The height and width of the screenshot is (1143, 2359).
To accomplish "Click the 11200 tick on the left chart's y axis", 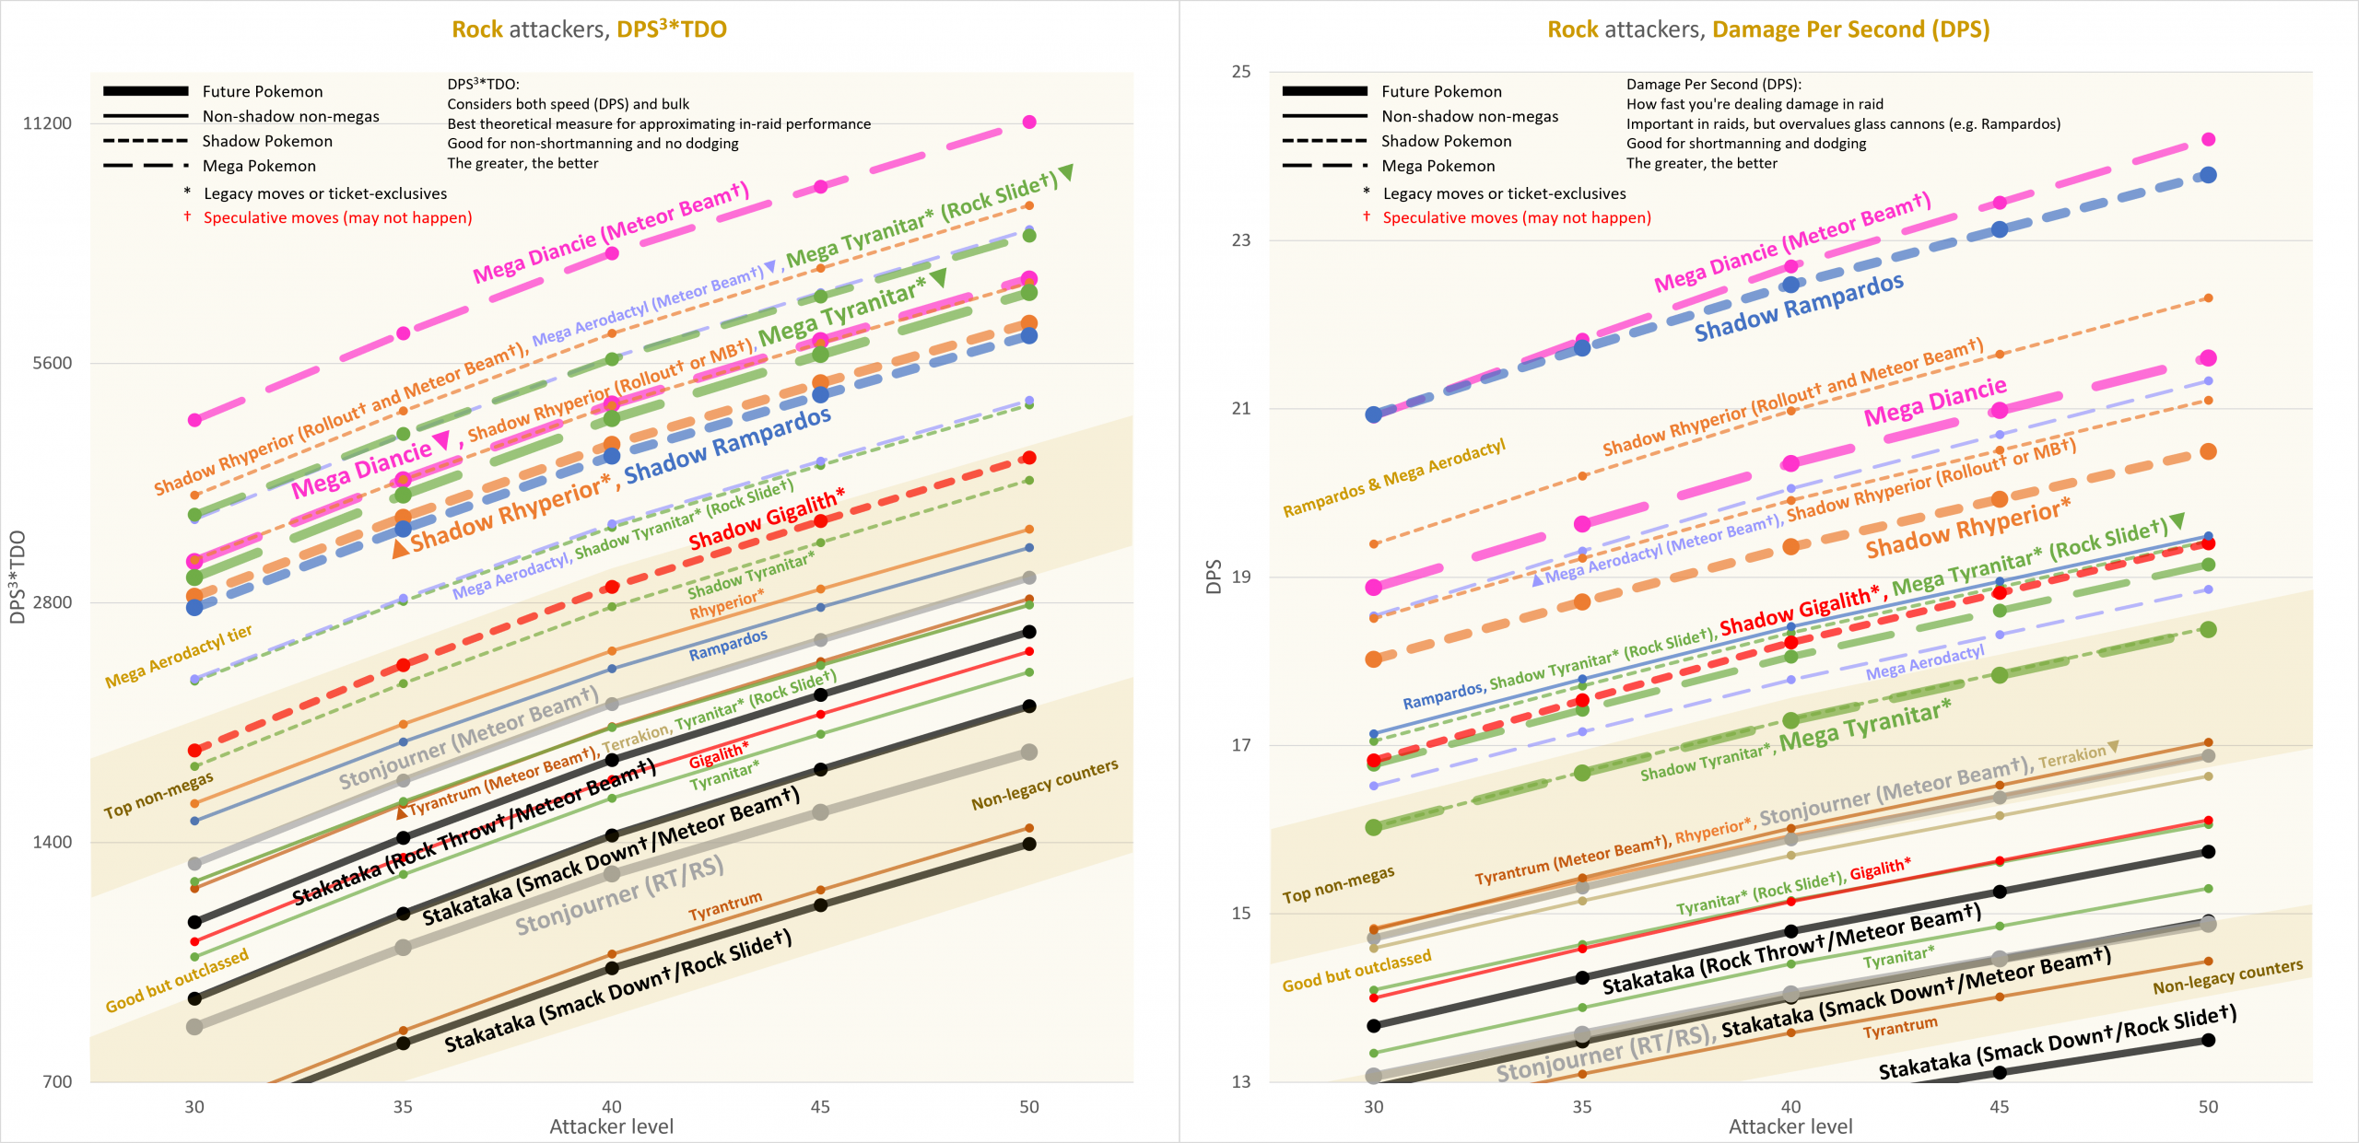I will (47, 123).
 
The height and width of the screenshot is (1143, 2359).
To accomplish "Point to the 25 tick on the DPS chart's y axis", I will (1241, 72).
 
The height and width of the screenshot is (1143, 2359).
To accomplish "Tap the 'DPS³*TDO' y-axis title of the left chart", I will (18, 577).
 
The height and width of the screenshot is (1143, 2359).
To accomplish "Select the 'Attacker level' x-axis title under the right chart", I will (1790, 1126).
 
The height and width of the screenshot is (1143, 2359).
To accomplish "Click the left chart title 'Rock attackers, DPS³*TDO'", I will (589, 29).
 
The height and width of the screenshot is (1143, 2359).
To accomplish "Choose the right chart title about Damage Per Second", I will (1767, 29).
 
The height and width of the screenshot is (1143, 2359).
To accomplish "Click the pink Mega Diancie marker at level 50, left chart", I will (1029, 122).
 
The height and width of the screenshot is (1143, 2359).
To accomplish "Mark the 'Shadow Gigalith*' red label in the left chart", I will (766, 520).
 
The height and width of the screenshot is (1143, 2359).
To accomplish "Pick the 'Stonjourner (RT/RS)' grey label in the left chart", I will (619, 895).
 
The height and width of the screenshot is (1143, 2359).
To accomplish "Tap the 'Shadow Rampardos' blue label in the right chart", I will (1799, 308).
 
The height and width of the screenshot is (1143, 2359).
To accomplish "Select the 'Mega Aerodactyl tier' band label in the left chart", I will (178, 657).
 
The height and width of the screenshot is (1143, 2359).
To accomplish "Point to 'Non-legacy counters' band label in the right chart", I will (2227, 976).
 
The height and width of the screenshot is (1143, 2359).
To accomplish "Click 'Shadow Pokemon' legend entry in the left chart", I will (267, 141).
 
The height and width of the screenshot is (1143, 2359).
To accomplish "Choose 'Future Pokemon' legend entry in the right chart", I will (1441, 91).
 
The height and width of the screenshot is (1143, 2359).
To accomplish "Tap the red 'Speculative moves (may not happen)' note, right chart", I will (1516, 217).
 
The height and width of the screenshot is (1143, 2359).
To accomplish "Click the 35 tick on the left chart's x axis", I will (403, 1106).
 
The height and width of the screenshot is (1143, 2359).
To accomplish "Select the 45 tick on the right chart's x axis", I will (1999, 1106).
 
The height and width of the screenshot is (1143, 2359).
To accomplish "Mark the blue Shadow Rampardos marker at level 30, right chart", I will (1373, 414).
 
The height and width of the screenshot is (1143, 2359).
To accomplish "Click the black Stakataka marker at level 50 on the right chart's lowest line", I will (2208, 1040).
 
